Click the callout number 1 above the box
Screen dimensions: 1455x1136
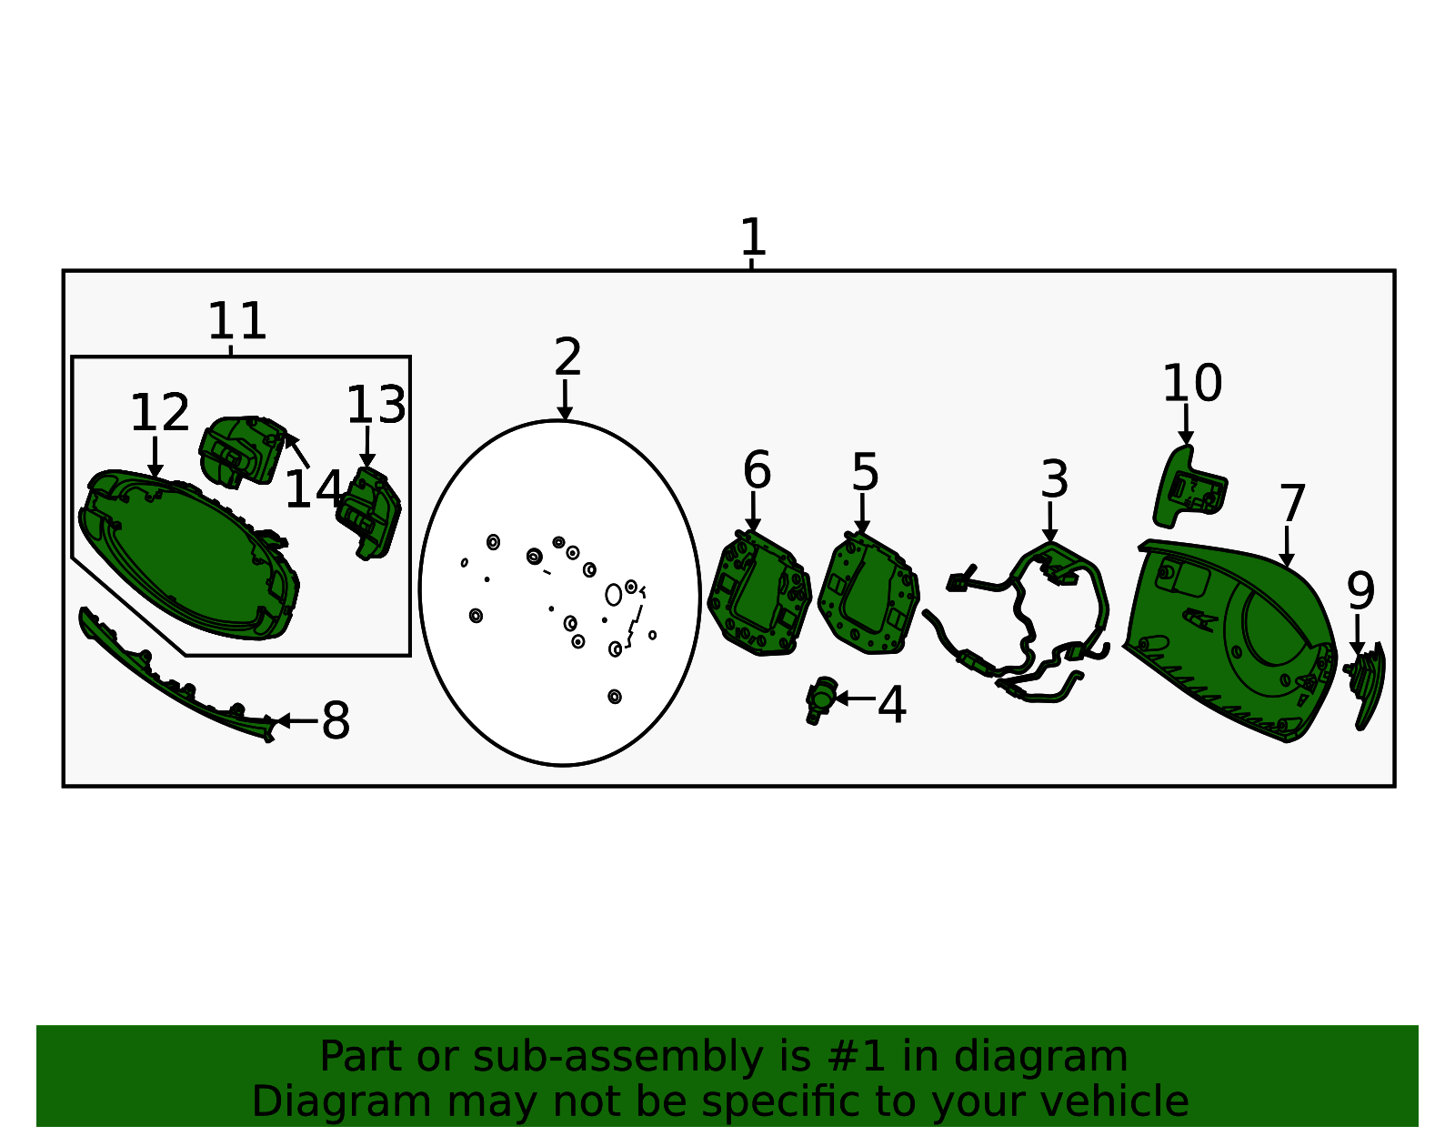click(x=753, y=237)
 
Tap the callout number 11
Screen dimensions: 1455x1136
click(x=237, y=321)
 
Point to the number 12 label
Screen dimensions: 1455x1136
click(x=159, y=413)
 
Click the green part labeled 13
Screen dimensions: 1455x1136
click(x=368, y=514)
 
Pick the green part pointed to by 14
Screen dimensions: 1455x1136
click(x=243, y=451)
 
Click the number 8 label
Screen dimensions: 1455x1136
click(x=336, y=721)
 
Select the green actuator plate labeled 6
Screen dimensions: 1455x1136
click(x=759, y=593)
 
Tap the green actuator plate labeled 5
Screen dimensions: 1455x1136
click(x=869, y=593)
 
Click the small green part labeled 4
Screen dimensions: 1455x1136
click(x=821, y=699)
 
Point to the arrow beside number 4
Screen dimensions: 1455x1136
click(x=856, y=699)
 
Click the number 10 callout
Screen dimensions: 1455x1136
click(x=1192, y=384)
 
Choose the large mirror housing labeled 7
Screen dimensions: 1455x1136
click(x=1232, y=639)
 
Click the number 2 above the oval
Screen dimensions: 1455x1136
click(x=567, y=357)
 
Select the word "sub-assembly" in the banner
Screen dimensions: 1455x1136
click(x=618, y=1057)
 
